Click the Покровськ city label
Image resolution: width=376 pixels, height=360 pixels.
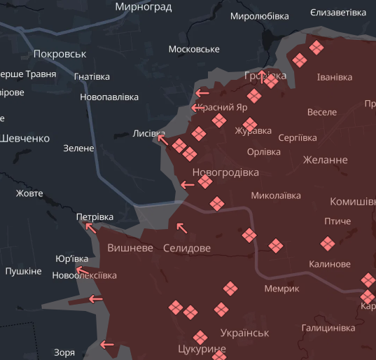[x=60, y=54]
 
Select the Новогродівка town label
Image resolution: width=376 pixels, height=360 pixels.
[x=225, y=172]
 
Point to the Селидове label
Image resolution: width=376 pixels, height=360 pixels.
[x=186, y=248]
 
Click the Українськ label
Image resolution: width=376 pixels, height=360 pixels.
[x=244, y=333]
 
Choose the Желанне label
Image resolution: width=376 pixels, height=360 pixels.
[x=325, y=160]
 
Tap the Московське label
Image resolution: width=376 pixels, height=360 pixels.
[x=194, y=49]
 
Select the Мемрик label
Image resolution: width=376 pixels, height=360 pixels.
[x=281, y=289]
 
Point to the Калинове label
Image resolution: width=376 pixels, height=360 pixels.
[x=329, y=264]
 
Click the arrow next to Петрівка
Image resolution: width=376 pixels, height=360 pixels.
[x=90, y=226]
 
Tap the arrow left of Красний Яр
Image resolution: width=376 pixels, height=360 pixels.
[x=196, y=108]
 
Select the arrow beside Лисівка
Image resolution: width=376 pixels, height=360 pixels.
[x=162, y=139]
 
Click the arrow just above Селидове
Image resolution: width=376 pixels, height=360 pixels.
[x=181, y=227]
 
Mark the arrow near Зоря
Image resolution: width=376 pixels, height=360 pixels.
[x=107, y=344]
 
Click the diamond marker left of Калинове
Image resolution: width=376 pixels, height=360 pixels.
[x=276, y=245]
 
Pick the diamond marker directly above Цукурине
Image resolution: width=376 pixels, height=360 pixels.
[x=200, y=337]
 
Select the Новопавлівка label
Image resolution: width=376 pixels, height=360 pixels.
[x=109, y=97]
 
